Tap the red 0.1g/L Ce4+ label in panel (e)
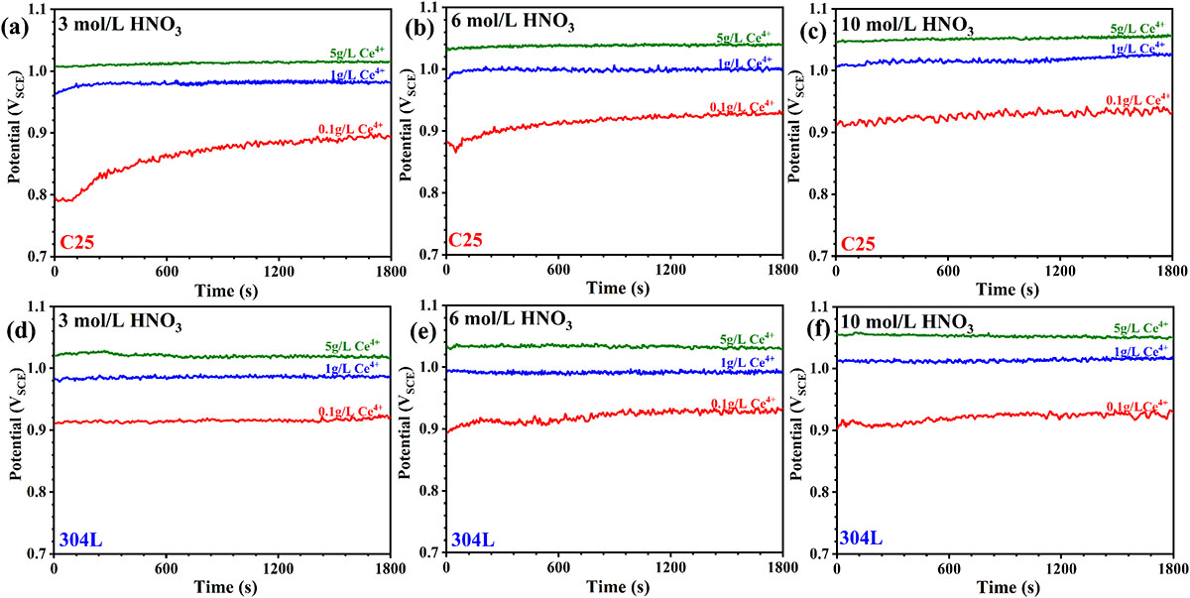click(x=744, y=404)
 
